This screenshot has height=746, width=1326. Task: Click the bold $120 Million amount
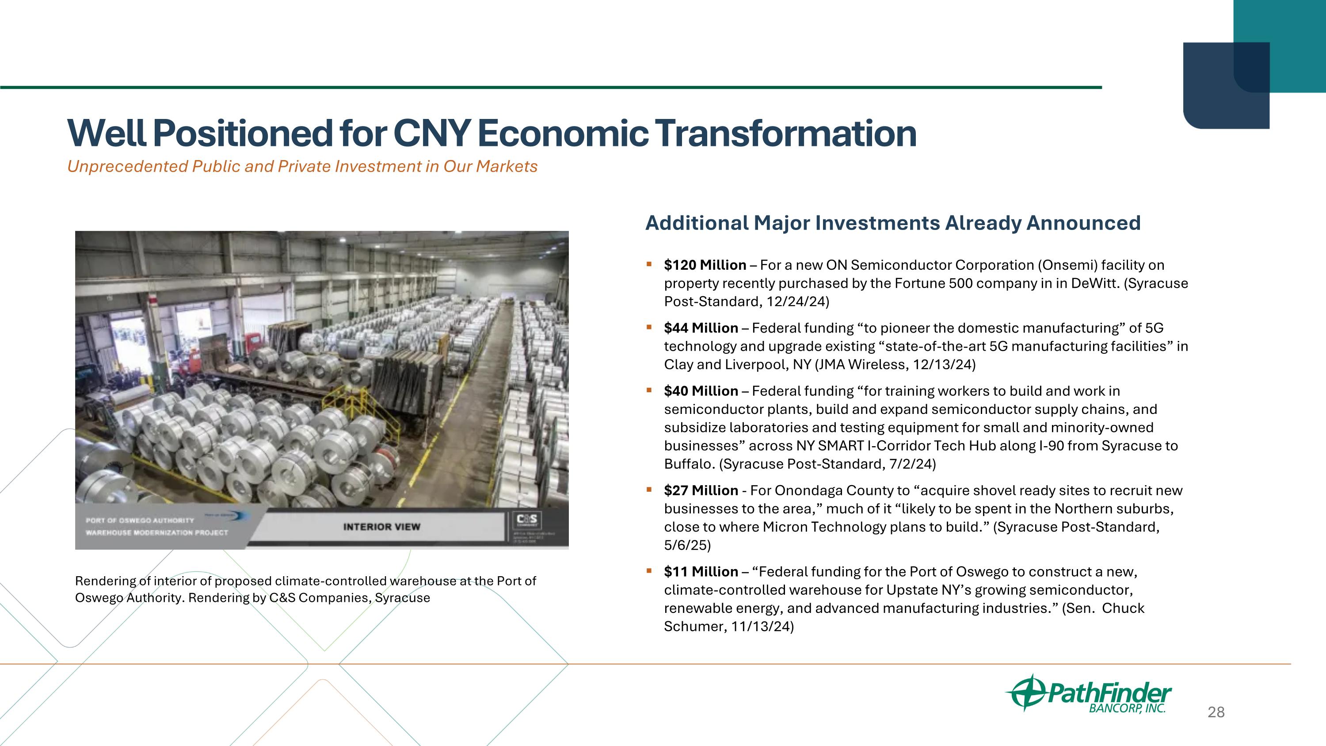click(x=705, y=265)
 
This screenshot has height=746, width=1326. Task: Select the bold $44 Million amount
click(x=701, y=328)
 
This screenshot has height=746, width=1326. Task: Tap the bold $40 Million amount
click(x=701, y=391)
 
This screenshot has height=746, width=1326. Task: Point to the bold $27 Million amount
click(x=701, y=491)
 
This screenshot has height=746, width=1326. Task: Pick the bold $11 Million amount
click(x=701, y=572)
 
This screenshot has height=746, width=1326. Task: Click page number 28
click(x=1216, y=712)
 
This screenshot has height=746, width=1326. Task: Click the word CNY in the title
click(x=431, y=133)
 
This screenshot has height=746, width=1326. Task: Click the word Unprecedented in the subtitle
click(x=127, y=166)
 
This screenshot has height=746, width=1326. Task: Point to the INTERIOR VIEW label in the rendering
click(x=381, y=527)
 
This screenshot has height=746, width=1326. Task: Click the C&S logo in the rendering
click(x=527, y=520)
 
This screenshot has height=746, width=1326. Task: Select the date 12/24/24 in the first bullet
click(x=797, y=302)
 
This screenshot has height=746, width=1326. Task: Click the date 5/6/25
click(x=687, y=545)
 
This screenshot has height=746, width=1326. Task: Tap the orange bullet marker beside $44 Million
click(x=649, y=327)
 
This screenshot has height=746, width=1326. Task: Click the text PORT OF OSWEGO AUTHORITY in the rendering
click(x=140, y=520)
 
